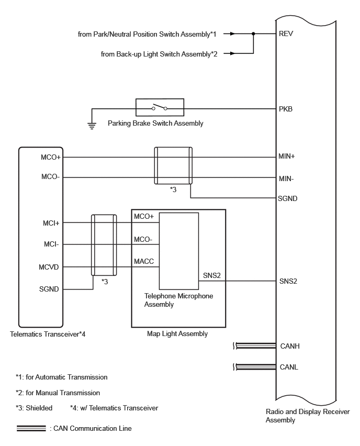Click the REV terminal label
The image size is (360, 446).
point(286,34)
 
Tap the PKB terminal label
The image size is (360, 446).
point(286,109)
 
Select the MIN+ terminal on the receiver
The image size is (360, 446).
point(287,156)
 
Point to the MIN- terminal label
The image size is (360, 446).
point(286,179)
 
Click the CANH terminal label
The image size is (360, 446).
point(290,346)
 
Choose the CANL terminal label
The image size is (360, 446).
point(289,367)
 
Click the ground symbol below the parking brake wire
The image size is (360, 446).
point(92,126)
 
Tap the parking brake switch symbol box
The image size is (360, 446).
point(160,107)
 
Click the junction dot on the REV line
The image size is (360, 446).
point(253,34)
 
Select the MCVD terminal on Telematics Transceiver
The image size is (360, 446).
point(49,267)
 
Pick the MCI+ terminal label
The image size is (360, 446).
point(51,223)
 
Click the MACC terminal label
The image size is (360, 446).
point(144,261)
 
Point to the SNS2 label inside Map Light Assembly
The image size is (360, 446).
point(211,275)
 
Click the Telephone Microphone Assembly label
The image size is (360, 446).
point(178,300)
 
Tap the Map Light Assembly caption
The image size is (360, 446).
point(177,333)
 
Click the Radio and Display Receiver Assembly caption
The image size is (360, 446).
point(308,416)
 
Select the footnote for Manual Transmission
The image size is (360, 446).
point(58,393)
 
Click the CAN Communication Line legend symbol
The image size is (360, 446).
point(31,428)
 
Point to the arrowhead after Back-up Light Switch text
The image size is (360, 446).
point(233,53)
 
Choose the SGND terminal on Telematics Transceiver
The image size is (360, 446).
point(49,289)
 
